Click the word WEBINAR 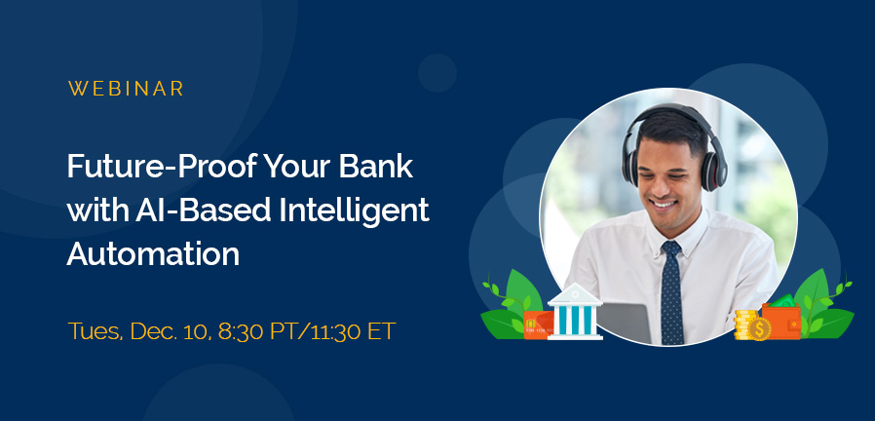click(127, 89)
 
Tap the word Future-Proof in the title click(155, 167)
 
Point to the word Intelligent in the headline click(349, 210)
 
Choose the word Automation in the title click(153, 253)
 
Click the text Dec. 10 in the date click(183, 329)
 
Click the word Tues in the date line click(92, 329)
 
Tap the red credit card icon click(538, 325)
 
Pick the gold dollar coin click(759, 327)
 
